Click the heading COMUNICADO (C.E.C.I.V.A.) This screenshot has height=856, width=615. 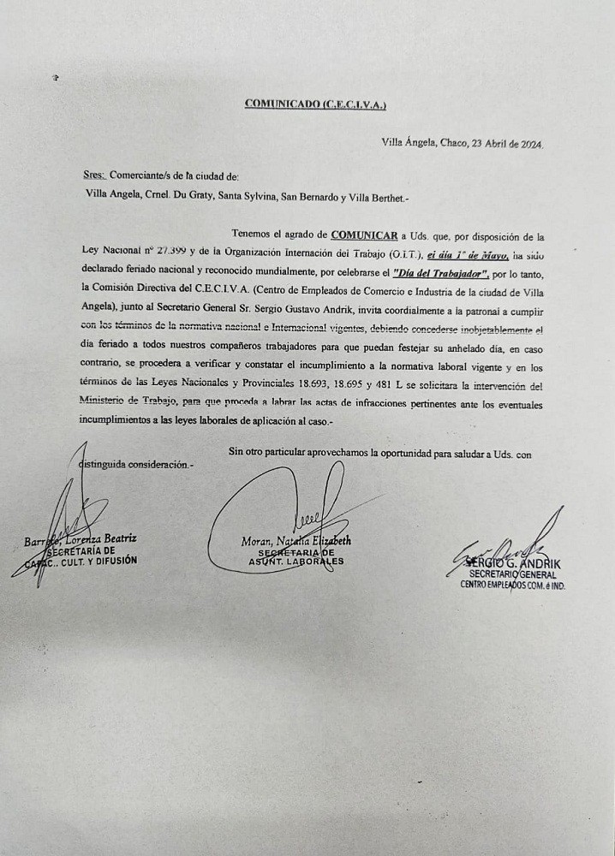(316, 104)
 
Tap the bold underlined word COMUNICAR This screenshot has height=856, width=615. (364, 234)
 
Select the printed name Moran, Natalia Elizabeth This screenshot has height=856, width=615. (296, 541)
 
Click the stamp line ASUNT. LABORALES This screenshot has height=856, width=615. (296, 562)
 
